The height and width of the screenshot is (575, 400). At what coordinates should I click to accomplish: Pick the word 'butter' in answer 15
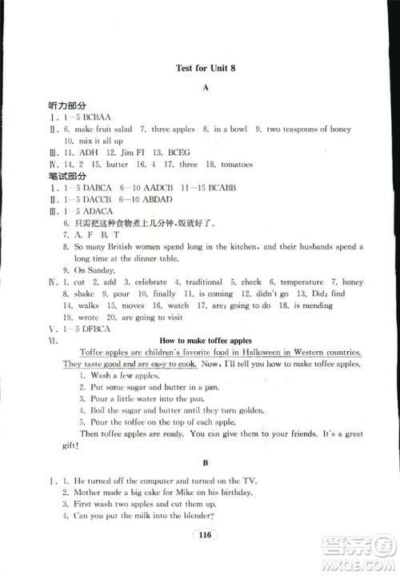(117, 164)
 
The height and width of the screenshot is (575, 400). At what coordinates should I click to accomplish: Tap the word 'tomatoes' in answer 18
(235, 164)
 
